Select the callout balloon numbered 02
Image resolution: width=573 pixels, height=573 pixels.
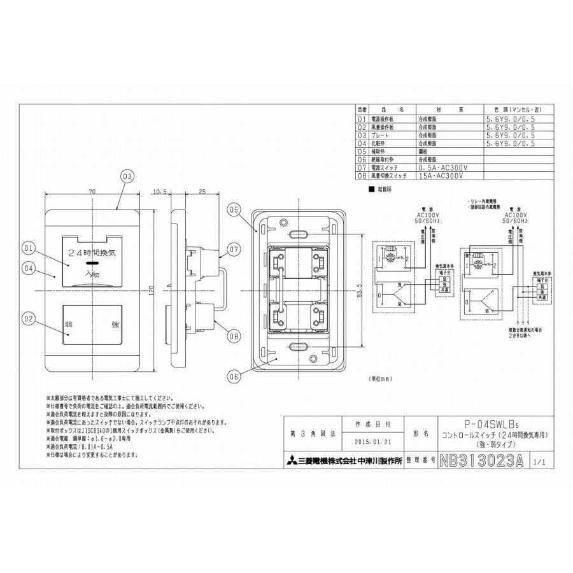tap(28, 316)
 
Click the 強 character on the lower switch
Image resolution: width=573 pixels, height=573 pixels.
tap(115, 325)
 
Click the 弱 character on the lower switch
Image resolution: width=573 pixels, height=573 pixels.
tap(69, 325)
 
